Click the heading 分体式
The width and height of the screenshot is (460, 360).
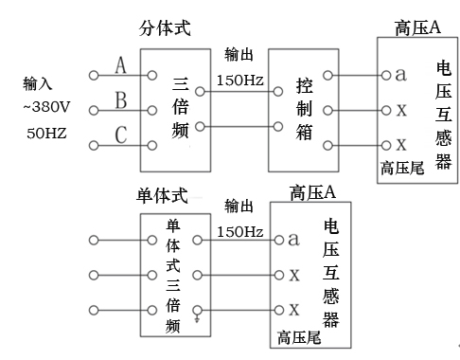point(165,28)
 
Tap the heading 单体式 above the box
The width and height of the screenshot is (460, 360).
point(162,195)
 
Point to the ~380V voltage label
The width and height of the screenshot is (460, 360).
point(46,107)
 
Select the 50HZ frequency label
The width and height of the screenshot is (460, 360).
point(46,133)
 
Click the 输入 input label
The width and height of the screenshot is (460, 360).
point(37,83)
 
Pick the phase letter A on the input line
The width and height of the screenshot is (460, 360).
point(120,65)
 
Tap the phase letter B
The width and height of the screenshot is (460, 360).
point(121,100)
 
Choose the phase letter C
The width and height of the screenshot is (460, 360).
point(121,135)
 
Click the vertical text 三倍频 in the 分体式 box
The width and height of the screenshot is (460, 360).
point(181,108)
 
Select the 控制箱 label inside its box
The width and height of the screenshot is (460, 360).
point(304,109)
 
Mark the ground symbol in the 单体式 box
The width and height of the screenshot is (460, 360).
point(197,319)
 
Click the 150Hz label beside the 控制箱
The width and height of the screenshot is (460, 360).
point(239,81)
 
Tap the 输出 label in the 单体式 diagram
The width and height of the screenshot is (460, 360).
point(239,207)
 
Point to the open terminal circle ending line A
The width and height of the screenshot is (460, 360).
point(94,76)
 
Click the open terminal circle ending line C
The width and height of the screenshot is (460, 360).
point(94,146)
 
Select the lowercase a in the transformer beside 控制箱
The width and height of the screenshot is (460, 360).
point(400,75)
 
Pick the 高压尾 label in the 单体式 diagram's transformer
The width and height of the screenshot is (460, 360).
point(299,337)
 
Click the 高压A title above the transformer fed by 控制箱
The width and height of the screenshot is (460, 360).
point(417,27)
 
